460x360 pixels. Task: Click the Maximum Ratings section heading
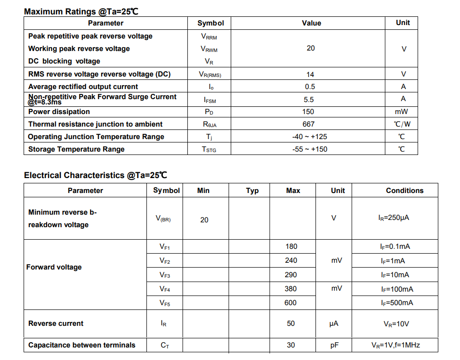(x=81, y=12)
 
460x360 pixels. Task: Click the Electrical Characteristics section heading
(x=95, y=175)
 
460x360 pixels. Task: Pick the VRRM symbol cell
(x=209, y=37)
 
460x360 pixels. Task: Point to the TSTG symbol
(x=209, y=149)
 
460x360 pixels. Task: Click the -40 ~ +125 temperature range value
(x=310, y=137)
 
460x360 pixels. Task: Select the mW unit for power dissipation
(x=401, y=112)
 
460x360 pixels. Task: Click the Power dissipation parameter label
(x=59, y=112)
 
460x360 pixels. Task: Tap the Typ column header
(x=252, y=191)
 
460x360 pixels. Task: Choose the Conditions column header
(x=405, y=191)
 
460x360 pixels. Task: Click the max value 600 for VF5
(x=291, y=303)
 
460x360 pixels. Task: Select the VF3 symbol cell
(x=165, y=275)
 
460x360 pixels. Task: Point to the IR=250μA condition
(x=394, y=218)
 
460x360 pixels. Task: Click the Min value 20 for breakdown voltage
(x=204, y=220)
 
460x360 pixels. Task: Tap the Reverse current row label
(x=56, y=323)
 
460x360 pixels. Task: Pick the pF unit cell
(x=334, y=345)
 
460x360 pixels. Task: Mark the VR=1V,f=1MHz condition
(x=395, y=345)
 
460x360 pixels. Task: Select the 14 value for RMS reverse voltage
(x=310, y=75)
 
